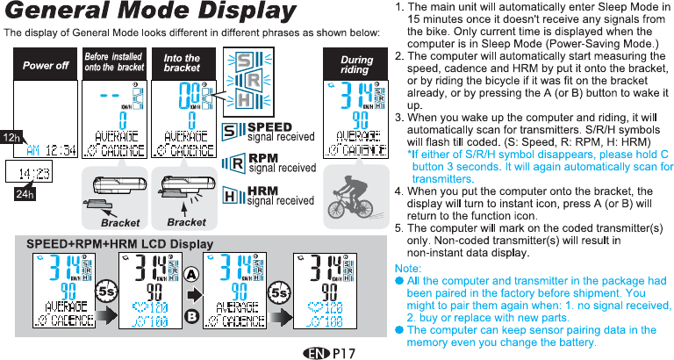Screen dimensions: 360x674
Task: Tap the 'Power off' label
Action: tap(46, 66)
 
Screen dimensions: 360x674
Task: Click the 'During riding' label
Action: tap(355, 64)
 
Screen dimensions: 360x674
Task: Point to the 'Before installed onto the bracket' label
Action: tap(114, 62)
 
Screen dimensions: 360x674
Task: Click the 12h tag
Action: tap(11, 138)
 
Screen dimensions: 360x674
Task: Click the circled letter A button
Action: tap(190, 274)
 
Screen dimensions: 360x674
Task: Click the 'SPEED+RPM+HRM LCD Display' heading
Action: tap(120, 243)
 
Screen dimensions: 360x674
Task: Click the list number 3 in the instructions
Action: tap(400, 118)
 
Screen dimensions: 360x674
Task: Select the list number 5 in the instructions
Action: tap(400, 228)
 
